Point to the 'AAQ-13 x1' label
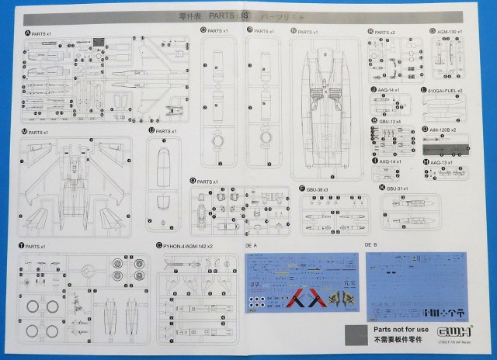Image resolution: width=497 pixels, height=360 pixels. [x=442, y=162]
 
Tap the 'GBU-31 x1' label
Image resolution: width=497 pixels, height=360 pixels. [x=397, y=188]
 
